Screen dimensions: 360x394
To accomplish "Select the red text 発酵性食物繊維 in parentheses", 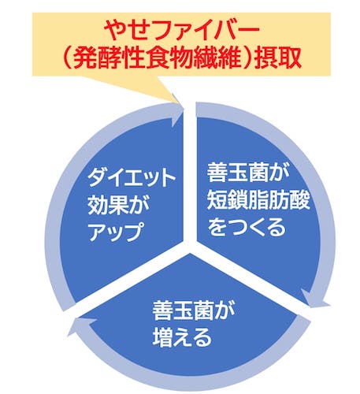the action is pyautogui.click(x=158, y=58).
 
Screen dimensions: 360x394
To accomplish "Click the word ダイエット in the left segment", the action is pyautogui.click(x=132, y=178).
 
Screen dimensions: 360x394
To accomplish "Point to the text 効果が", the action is pyautogui.click(x=119, y=205).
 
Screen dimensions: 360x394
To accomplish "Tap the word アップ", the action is pyautogui.click(x=115, y=232).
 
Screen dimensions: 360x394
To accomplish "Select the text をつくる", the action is pyautogui.click(x=247, y=226).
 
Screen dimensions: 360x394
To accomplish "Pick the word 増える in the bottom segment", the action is pyautogui.click(x=182, y=337).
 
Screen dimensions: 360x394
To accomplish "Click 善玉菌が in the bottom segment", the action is pyautogui.click(x=194, y=310).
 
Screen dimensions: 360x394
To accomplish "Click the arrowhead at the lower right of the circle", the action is pyautogui.click(x=314, y=299).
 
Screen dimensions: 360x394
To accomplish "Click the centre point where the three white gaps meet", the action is pyautogui.click(x=190, y=247).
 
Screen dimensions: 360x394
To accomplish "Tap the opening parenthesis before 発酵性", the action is pyautogui.click(x=69, y=58).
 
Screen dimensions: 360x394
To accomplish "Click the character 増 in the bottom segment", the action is pyautogui.click(x=163, y=337).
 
